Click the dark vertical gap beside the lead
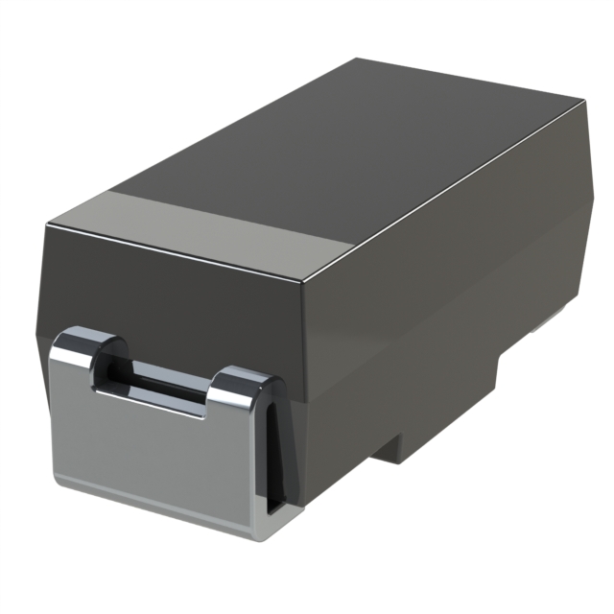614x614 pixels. (274, 451)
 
